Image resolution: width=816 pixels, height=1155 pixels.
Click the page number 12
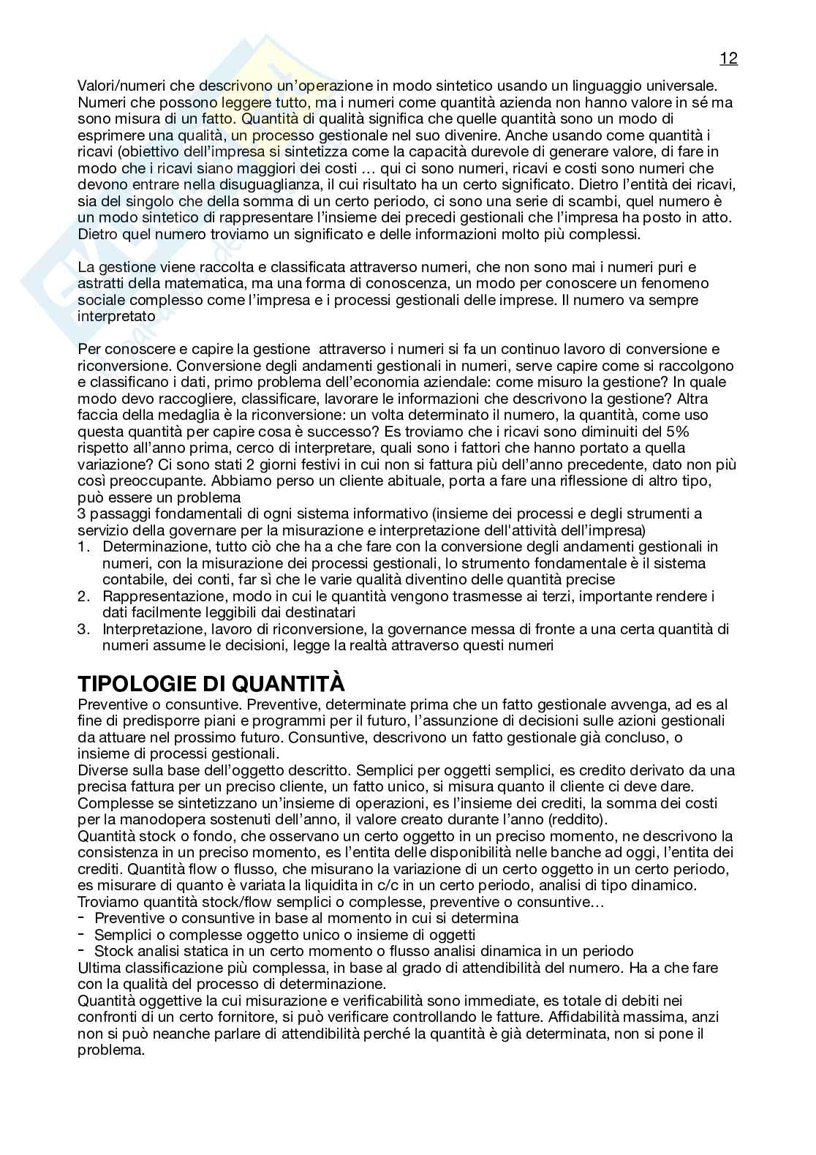pos(728,59)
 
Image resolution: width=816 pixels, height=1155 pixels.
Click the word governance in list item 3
pos(447,629)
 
